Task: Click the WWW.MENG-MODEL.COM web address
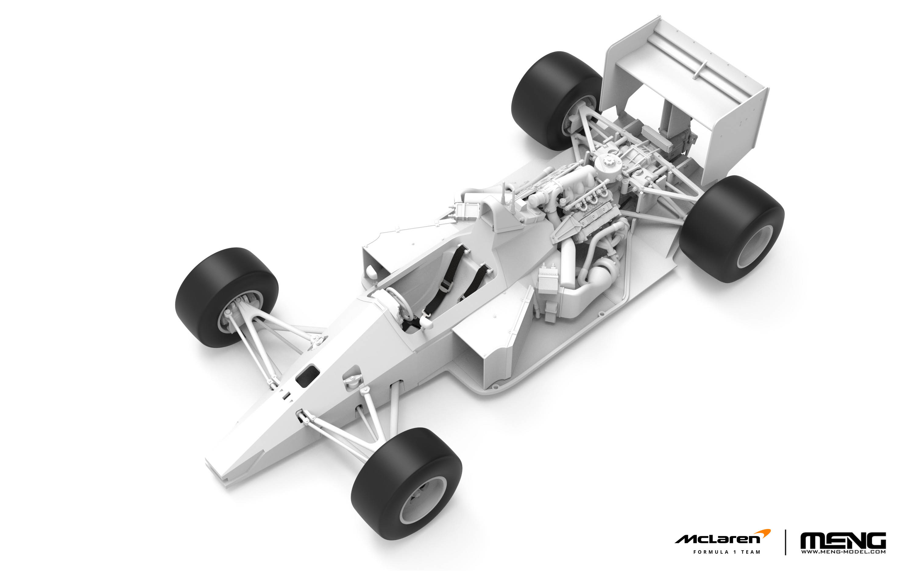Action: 843,552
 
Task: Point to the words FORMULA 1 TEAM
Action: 726,552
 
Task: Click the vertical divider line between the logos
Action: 786,542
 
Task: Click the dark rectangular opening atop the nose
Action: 307,376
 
